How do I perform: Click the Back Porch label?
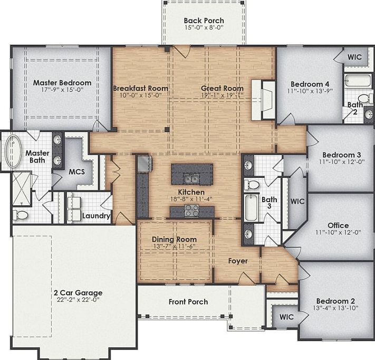(x=204, y=21)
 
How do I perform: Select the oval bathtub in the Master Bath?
(x=12, y=151)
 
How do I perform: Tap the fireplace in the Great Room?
(x=265, y=99)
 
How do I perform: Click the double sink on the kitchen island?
(x=191, y=177)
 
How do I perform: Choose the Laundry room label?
(x=96, y=216)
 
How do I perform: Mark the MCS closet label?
(x=77, y=172)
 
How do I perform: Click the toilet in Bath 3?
(x=253, y=185)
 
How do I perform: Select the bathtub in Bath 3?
(x=251, y=209)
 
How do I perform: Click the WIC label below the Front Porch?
(x=286, y=317)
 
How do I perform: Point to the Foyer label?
(x=238, y=261)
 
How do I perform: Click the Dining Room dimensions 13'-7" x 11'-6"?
(x=174, y=247)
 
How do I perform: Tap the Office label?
(x=338, y=225)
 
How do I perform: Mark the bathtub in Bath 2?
(x=352, y=81)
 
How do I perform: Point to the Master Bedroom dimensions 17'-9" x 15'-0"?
(x=62, y=90)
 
